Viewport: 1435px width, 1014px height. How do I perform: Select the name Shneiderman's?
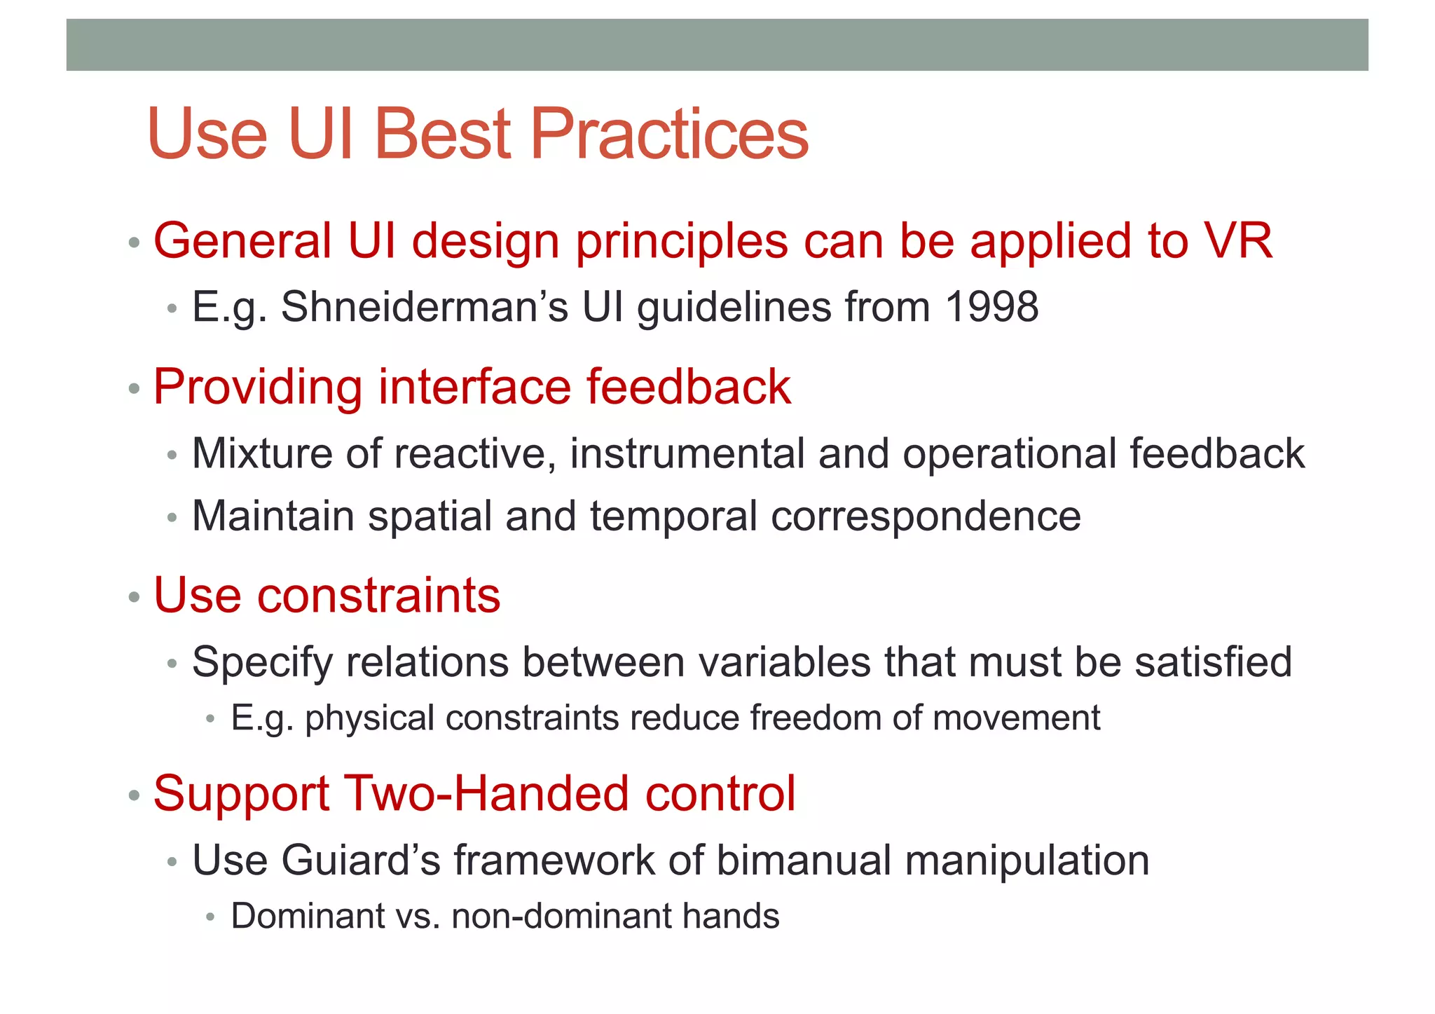[424, 307]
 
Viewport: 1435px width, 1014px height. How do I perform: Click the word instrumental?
[687, 453]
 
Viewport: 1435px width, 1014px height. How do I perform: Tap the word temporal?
[673, 517]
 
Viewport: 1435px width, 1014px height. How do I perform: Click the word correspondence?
[926, 517]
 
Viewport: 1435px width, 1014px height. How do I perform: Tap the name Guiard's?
[360, 860]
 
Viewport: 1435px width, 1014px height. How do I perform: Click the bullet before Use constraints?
[135, 598]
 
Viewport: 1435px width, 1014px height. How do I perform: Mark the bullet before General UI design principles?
[135, 243]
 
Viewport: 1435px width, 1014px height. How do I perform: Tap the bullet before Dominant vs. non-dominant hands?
[210, 917]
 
